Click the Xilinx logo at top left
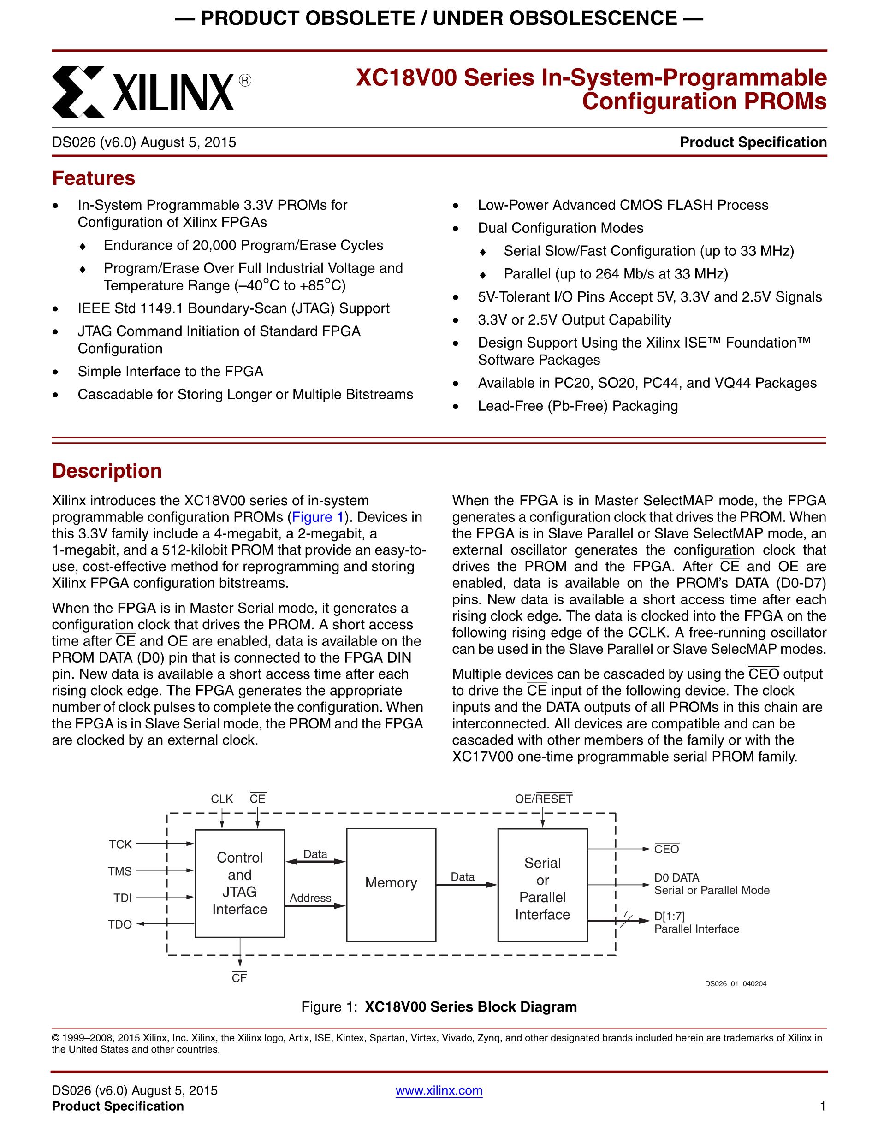point(151,92)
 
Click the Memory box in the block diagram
point(391,883)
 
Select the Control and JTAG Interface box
point(239,883)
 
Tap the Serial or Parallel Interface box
point(542,888)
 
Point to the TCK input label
point(120,844)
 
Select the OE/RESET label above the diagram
point(544,799)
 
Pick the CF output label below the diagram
point(239,978)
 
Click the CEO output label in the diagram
point(666,849)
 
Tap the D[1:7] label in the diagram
point(670,917)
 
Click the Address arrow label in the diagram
point(310,898)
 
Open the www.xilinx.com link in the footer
point(439,1090)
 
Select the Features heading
point(94,178)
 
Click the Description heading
point(107,471)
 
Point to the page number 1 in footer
point(822,1106)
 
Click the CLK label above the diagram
point(222,799)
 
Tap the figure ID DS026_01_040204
point(736,983)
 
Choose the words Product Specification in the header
point(753,142)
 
